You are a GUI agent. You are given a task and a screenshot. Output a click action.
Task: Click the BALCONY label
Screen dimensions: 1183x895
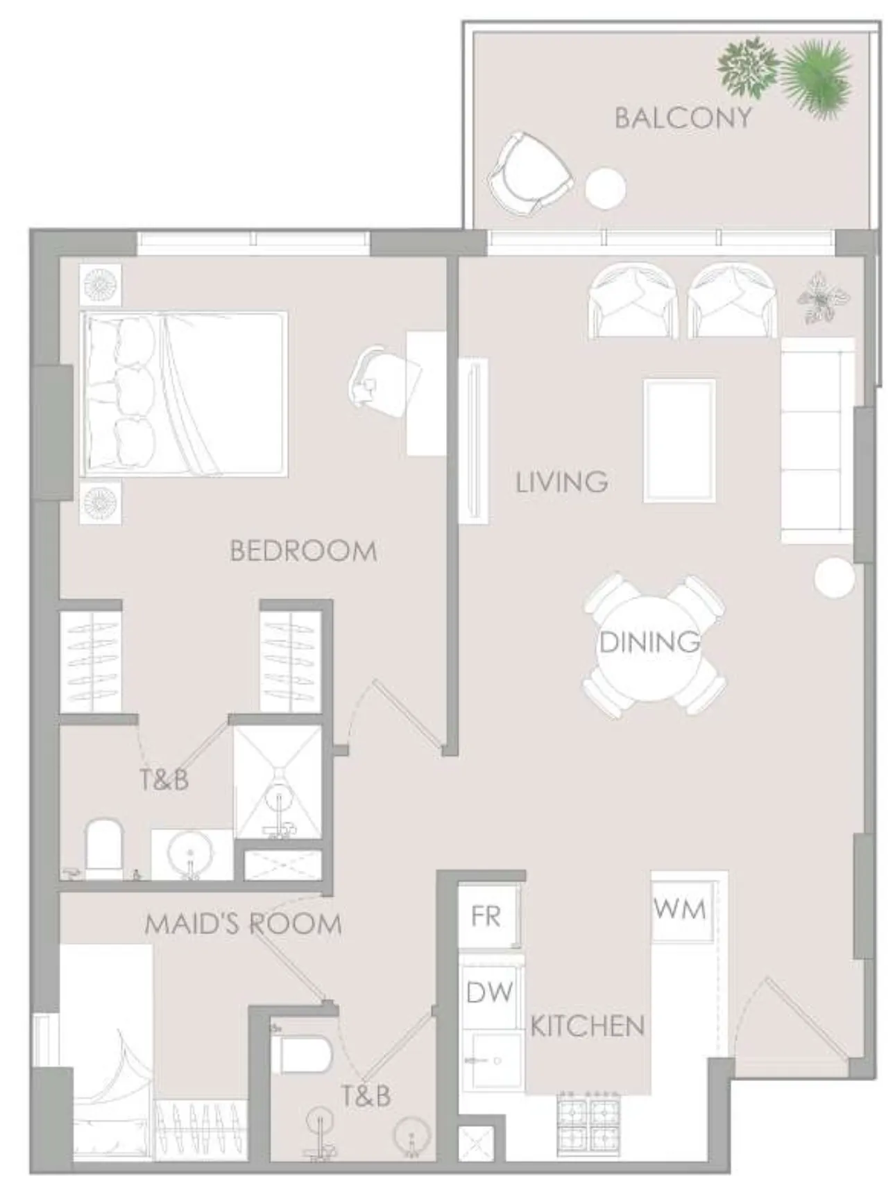[x=683, y=117]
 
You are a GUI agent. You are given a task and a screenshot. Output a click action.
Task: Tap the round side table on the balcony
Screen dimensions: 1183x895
[x=605, y=188]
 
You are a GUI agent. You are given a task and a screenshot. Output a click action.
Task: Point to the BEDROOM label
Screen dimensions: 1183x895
[x=303, y=551]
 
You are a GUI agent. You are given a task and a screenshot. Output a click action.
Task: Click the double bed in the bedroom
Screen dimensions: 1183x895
[x=184, y=394]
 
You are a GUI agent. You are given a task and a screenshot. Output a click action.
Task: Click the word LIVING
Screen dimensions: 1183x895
[x=561, y=481]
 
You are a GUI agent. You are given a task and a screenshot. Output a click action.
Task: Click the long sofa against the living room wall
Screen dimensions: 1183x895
[x=817, y=440]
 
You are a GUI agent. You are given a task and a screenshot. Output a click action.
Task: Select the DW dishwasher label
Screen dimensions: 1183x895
[x=490, y=992]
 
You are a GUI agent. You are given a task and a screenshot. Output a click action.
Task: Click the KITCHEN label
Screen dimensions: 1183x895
[x=587, y=1026]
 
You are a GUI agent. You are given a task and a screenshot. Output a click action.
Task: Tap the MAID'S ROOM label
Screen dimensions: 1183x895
[x=243, y=924]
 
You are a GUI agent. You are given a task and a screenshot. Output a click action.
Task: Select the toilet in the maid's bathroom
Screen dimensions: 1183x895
[x=302, y=1055]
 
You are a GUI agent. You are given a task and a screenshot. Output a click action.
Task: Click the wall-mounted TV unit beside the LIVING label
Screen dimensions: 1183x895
[x=474, y=441]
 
